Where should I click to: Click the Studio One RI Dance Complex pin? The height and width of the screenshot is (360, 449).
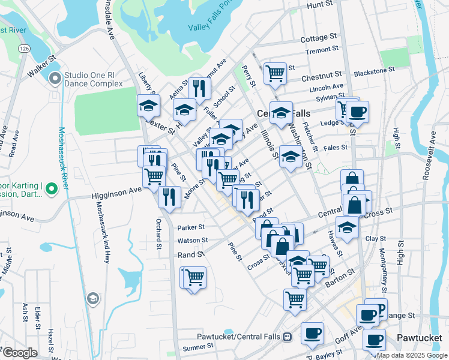(56, 78)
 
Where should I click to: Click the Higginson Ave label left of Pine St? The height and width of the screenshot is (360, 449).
(116, 193)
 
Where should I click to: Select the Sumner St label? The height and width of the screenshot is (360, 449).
(198, 347)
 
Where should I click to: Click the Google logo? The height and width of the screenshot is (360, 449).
(19, 353)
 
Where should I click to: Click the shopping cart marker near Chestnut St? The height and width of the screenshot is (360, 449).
(275, 73)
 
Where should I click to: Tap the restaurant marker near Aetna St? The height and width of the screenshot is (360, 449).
(199, 88)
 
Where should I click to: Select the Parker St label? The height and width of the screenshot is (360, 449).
(191, 227)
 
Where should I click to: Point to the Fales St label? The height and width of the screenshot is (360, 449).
(336, 147)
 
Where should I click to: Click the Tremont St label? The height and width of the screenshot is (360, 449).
(319, 51)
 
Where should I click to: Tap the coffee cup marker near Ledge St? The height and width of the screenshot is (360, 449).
(358, 111)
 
